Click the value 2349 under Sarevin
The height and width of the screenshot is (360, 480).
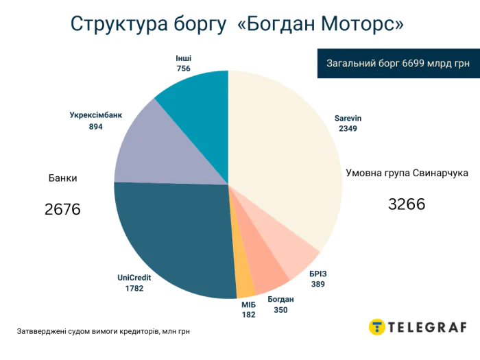[348, 128]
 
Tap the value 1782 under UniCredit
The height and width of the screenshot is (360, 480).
[134, 289]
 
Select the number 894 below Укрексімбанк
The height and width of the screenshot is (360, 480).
[96, 127]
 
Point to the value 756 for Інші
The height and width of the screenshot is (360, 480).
[183, 68]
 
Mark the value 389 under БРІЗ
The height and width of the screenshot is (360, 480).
[318, 284]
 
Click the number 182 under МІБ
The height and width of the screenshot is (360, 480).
[248, 315]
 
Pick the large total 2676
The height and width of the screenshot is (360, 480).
[62, 209]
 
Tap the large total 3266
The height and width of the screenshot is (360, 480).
[407, 204]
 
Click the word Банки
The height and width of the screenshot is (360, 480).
[62, 178]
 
